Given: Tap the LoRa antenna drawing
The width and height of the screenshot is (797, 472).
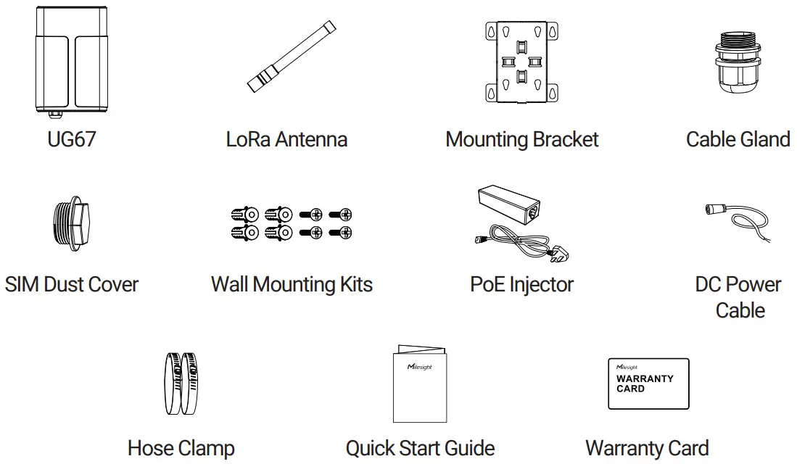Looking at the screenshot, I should [292, 58].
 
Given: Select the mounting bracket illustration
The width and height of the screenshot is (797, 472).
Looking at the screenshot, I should [521, 64].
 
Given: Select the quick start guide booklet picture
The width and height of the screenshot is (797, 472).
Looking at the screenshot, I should [421, 384].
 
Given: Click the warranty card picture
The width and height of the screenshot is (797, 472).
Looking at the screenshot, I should [648, 383].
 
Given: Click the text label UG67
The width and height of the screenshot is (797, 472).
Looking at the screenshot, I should [71, 138].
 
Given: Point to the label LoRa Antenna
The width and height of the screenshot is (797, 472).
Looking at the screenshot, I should [286, 138].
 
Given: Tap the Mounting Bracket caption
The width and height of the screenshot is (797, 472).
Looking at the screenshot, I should [521, 138].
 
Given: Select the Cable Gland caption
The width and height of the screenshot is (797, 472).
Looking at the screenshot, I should [738, 138].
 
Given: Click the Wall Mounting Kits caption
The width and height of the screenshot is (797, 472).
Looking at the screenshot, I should [292, 283].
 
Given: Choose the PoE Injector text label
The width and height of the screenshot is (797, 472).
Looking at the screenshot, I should [521, 283].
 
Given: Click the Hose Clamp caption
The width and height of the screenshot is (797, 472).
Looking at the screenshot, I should [181, 447].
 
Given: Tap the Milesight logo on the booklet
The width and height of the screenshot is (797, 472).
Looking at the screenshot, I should [418, 366].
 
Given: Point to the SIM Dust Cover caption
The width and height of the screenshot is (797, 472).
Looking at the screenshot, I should [71, 283].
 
